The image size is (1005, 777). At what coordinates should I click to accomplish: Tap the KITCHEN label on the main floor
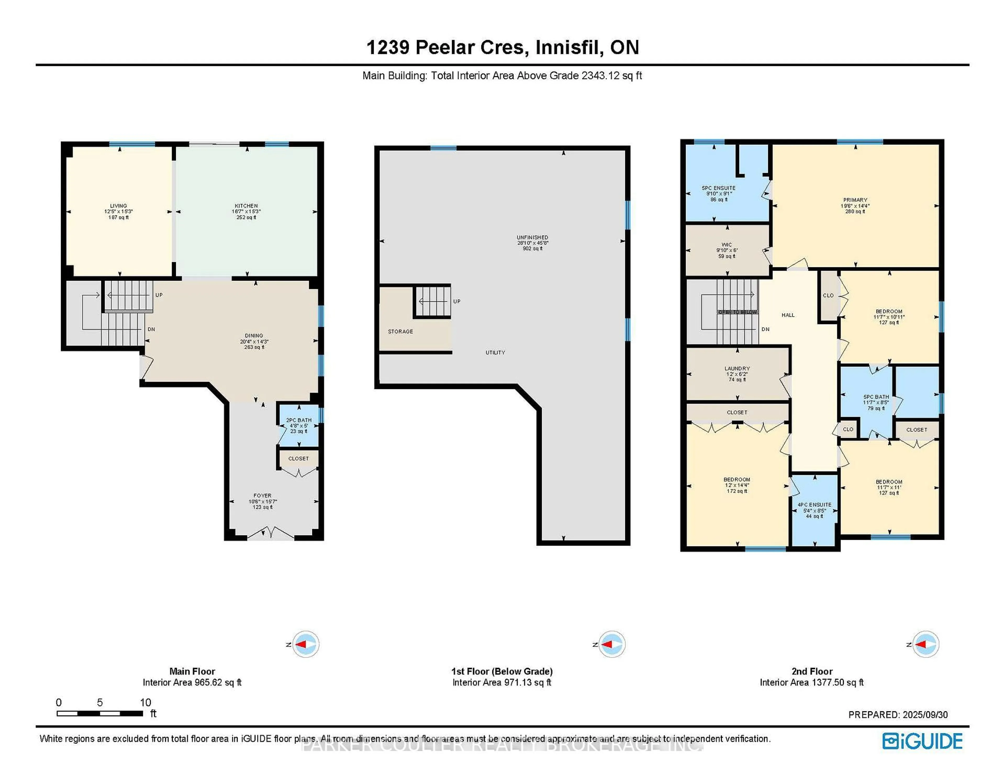[x=246, y=211]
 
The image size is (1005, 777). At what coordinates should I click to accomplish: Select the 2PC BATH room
[x=299, y=425]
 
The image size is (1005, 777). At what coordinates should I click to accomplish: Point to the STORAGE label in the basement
[x=400, y=331]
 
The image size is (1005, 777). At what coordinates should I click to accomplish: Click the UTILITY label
[x=495, y=353]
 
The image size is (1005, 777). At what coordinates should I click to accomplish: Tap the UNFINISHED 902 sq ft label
[x=532, y=243]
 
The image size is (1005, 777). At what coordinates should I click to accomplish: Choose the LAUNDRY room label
[x=737, y=374]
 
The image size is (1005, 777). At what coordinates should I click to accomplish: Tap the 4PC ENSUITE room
[x=814, y=510]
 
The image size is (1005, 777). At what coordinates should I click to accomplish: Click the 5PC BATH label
[x=876, y=402]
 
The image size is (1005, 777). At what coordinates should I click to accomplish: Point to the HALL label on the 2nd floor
[x=788, y=315]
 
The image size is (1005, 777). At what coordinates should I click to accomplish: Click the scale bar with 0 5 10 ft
[x=100, y=713]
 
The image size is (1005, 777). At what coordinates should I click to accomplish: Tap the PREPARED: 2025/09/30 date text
[x=898, y=715]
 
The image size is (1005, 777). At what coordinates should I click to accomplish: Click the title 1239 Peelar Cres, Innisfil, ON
[x=502, y=47]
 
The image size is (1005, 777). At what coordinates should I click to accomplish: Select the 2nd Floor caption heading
[x=812, y=671]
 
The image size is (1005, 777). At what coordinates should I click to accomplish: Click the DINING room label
[x=254, y=341]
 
